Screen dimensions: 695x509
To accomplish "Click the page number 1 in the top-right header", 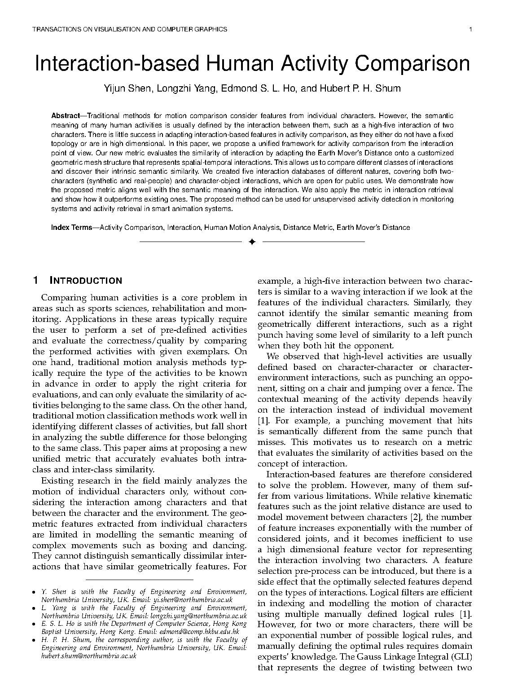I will (x=470, y=30).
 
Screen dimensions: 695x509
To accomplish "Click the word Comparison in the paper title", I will (x=412, y=64).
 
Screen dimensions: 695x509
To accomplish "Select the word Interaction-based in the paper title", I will (x=117, y=64).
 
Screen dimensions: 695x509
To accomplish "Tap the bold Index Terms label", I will (x=71, y=228).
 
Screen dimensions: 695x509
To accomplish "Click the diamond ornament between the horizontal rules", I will (x=252, y=242).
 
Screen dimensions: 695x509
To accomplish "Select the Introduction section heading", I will (x=85, y=281).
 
